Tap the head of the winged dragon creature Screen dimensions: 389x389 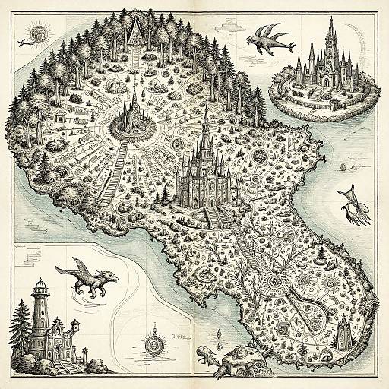pos(111,275)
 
